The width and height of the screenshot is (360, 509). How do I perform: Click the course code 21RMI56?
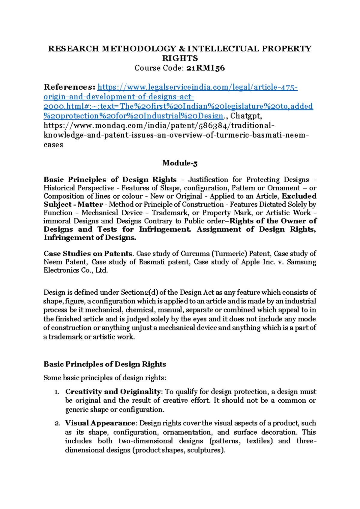(205, 68)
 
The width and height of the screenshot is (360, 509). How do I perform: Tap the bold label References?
(70, 87)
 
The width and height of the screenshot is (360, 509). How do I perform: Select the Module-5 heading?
(180, 163)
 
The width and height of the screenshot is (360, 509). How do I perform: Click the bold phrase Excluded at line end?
(299, 196)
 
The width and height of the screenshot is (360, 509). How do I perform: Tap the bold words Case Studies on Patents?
(88, 254)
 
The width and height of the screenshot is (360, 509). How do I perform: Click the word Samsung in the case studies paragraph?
(301, 262)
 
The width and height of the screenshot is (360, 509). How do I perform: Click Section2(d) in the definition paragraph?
(139, 292)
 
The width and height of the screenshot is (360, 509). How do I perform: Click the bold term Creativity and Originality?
(113, 392)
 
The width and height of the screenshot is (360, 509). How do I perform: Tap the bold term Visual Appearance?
(100, 423)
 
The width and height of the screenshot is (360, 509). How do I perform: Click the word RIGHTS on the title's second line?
(180, 58)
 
